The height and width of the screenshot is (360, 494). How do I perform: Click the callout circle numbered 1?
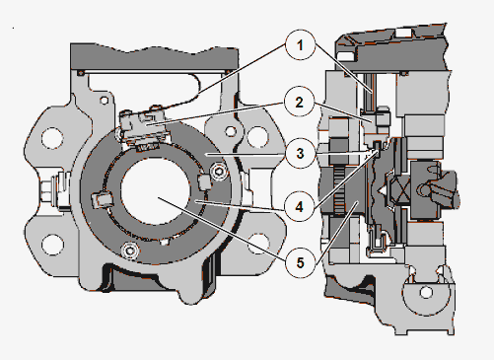coord(300,45)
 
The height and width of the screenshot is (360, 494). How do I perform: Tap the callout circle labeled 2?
coord(299,102)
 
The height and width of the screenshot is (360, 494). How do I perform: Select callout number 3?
coord(300,153)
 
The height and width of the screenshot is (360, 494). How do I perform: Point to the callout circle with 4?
coord(299,207)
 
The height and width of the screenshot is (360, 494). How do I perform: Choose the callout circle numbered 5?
coord(300,262)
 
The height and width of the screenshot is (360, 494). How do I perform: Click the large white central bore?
coord(155,190)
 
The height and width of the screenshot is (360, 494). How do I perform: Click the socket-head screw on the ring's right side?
coord(218,171)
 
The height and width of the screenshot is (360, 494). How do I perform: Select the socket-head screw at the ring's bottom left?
coord(130,251)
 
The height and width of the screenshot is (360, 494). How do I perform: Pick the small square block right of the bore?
coord(204,181)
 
